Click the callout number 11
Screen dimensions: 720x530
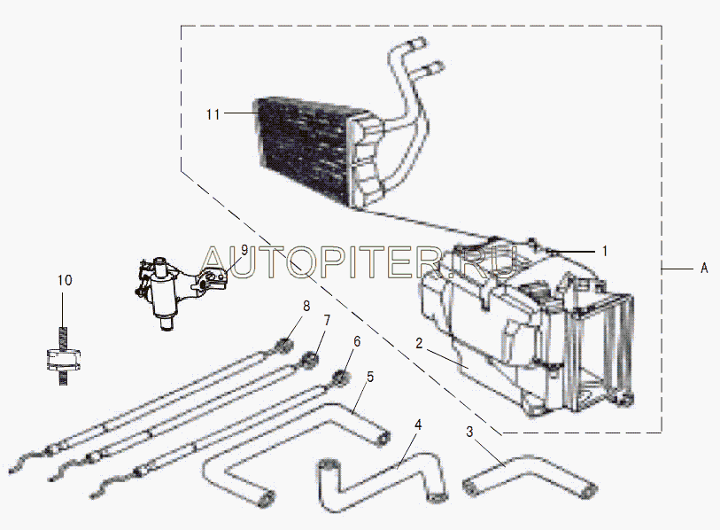tap(213, 113)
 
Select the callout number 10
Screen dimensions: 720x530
tap(66, 280)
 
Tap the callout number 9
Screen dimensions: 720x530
tap(244, 250)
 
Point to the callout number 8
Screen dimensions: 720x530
tap(306, 307)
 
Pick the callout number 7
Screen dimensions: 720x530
tap(326, 319)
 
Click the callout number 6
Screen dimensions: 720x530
tap(356, 341)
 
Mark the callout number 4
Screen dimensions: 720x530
tap(418, 425)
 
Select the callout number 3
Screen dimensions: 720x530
tap(471, 433)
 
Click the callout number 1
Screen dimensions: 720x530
tap(605, 251)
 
